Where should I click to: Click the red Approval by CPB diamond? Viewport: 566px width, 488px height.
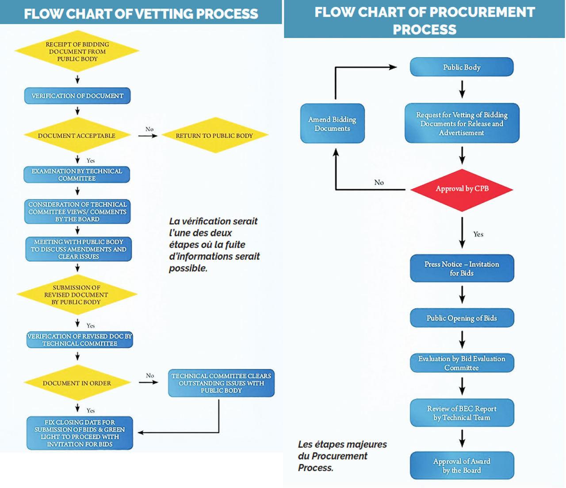462,189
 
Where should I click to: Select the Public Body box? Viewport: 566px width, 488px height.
462,67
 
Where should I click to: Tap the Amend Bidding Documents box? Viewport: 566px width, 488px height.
333,124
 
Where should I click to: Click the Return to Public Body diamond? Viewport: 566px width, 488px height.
214,136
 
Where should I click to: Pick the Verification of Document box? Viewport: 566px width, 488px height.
77,96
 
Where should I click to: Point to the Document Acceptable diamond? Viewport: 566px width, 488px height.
77,136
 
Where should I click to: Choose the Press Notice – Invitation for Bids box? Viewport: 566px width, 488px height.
462,268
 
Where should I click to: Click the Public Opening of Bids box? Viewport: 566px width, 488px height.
462,318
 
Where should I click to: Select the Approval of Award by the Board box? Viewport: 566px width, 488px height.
462,465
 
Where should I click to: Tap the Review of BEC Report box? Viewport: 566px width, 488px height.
462,413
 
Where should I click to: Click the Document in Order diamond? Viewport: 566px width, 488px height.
77,383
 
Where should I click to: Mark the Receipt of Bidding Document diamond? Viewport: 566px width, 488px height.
77,51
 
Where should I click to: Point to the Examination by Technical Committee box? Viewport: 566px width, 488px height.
77,174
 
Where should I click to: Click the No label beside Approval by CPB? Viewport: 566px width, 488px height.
379,182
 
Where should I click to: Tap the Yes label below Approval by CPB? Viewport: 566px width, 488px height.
478,234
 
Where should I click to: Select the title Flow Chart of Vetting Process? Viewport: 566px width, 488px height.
141,14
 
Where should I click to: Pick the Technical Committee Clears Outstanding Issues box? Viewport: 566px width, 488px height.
221,383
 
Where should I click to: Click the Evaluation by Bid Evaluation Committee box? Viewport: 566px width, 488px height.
462,363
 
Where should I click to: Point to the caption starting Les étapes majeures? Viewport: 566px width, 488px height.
342,456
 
